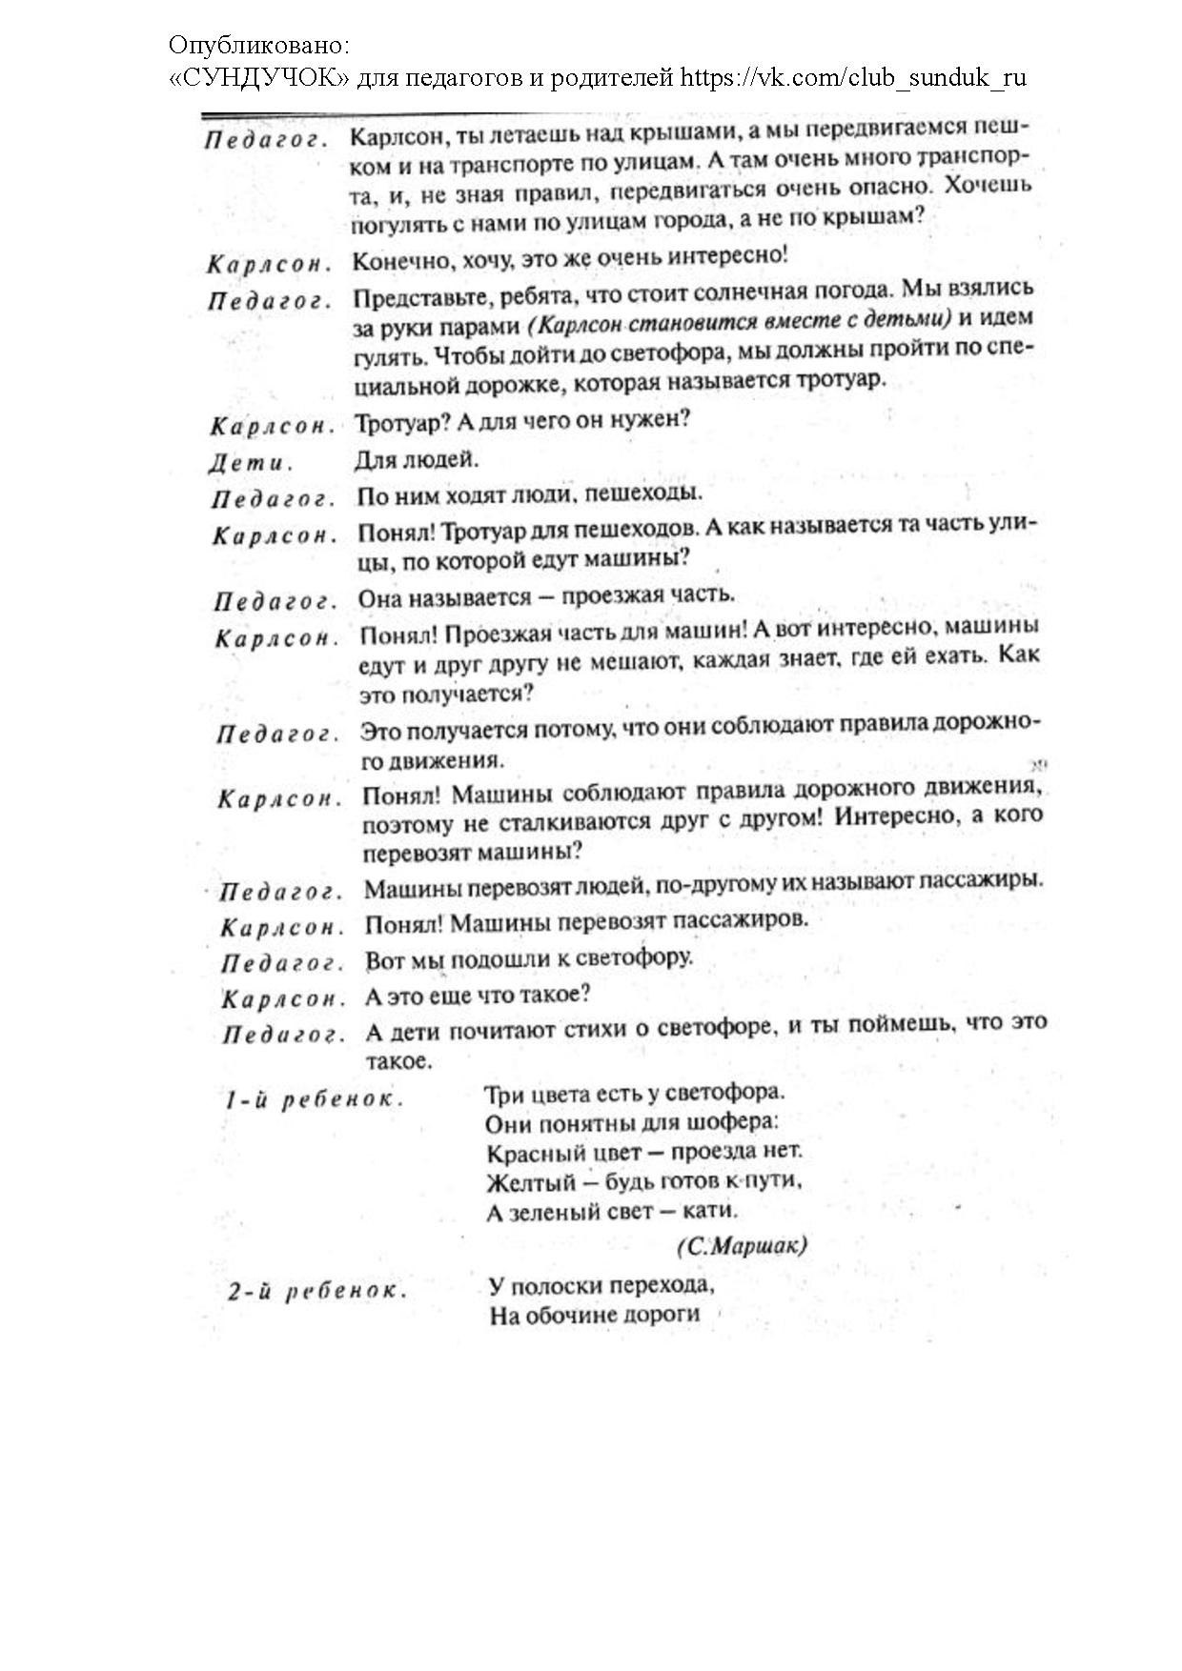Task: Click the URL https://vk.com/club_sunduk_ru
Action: coord(853,77)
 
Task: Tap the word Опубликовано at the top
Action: coord(259,45)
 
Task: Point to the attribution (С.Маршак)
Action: coord(742,1246)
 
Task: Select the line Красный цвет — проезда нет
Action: coord(644,1152)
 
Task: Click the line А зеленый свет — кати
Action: coord(612,1212)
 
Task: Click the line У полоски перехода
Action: coord(601,1285)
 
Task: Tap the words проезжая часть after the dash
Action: coord(648,595)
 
